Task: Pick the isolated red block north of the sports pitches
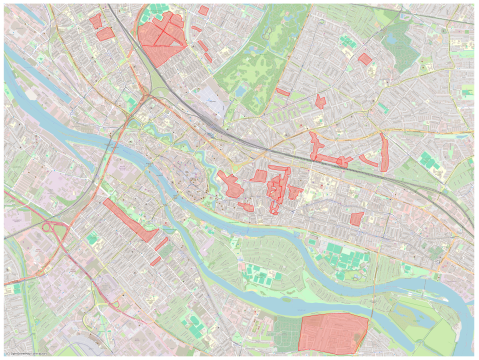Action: click(x=356, y=219)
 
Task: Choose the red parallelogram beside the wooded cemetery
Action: click(x=365, y=59)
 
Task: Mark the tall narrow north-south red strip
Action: click(x=383, y=153)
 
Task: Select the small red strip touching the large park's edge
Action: click(x=282, y=92)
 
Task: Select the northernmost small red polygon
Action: click(x=203, y=10)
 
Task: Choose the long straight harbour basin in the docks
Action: click(x=40, y=80)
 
